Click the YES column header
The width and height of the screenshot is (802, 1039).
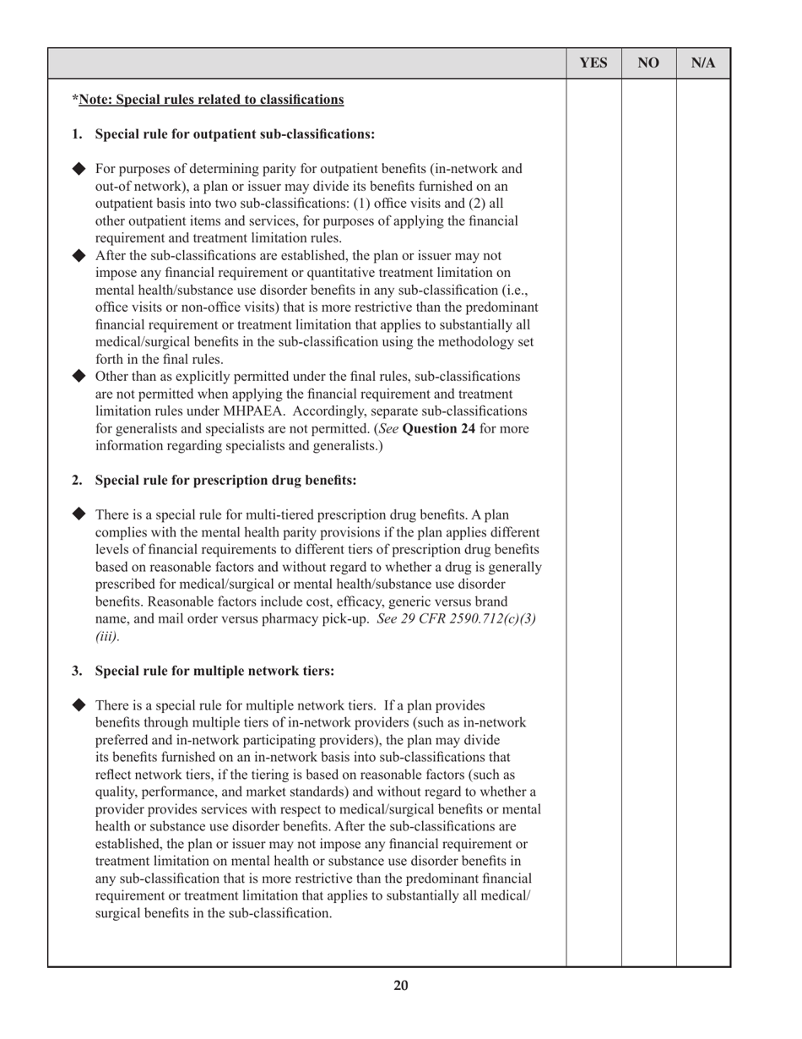(x=593, y=63)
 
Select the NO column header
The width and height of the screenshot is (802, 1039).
(x=648, y=63)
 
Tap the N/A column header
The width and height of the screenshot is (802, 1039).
(x=703, y=63)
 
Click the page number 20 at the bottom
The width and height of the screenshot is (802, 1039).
(x=401, y=985)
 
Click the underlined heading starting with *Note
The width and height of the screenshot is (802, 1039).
(x=208, y=100)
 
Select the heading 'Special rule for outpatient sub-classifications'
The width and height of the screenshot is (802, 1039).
(x=235, y=133)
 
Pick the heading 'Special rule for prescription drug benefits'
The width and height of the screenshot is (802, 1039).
(x=225, y=480)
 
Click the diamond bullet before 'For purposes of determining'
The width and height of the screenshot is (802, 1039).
(x=79, y=167)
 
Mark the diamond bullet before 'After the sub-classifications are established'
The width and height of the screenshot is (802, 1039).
(x=79, y=255)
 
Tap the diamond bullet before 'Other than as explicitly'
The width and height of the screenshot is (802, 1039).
(x=79, y=376)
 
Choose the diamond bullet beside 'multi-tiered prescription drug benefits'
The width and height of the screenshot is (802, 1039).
(x=79, y=514)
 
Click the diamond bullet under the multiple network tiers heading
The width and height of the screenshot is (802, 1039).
(x=79, y=704)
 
